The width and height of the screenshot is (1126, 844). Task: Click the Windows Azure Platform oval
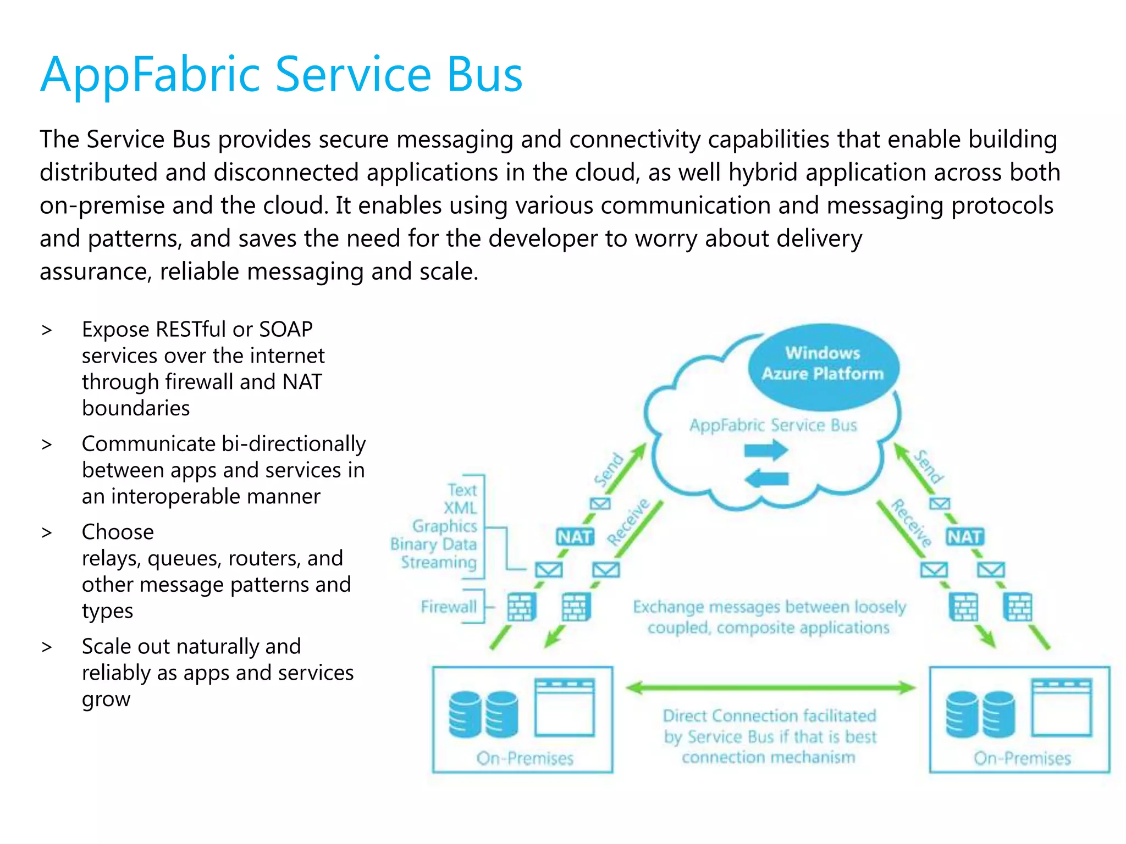pyautogui.click(x=823, y=365)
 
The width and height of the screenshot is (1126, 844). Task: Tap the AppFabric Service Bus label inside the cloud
pyautogui.click(x=773, y=425)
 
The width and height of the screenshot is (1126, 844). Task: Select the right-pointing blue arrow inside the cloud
pyautogui.click(x=766, y=451)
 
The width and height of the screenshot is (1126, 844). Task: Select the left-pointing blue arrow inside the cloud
pyautogui.click(x=766, y=479)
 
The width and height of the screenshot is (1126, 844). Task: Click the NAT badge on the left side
pyautogui.click(x=575, y=536)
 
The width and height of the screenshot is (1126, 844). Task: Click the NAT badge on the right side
pyautogui.click(x=965, y=536)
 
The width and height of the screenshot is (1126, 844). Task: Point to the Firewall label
pyautogui.click(x=449, y=607)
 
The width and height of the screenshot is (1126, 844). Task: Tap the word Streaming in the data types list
pyautogui.click(x=439, y=562)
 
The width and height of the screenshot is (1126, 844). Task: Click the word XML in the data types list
pyautogui.click(x=460, y=508)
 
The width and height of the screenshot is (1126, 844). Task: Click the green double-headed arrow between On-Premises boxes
pyautogui.click(x=770, y=687)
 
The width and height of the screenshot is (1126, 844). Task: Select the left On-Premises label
pyautogui.click(x=525, y=758)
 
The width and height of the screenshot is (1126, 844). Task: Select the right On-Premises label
pyautogui.click(x=1022, y=758)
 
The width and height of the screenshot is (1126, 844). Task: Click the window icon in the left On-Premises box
pyautogui.click(x=565, y=707)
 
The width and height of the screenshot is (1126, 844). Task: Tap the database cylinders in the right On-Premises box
pyautogui.click(x=980, y=714)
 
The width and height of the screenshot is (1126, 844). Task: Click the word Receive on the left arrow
pyautogui.click(x=628, y=522)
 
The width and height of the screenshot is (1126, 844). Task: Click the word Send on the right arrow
pyautogui.click(x=929, y=467)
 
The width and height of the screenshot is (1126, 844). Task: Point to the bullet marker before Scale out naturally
pyautogui.click(x=47, y=647)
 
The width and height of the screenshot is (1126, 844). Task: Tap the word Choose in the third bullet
pyautogui.click(x=118, y=532)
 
